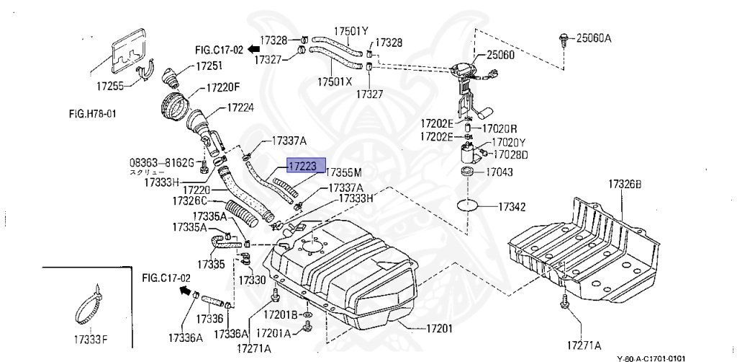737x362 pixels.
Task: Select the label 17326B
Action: [x=623, y=185]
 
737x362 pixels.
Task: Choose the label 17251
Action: [x=205, y=66]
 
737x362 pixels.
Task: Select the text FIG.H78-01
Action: [x=93, y=114]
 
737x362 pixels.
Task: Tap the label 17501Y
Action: [x=351, y=31]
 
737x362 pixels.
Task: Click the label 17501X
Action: [x=335, y=81]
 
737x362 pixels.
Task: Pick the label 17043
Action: [x=501, y=172]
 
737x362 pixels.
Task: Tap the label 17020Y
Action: [x=509, y=143]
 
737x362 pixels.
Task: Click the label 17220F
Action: [x=223, y=89]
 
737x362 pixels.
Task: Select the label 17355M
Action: [x=343, y=173]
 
